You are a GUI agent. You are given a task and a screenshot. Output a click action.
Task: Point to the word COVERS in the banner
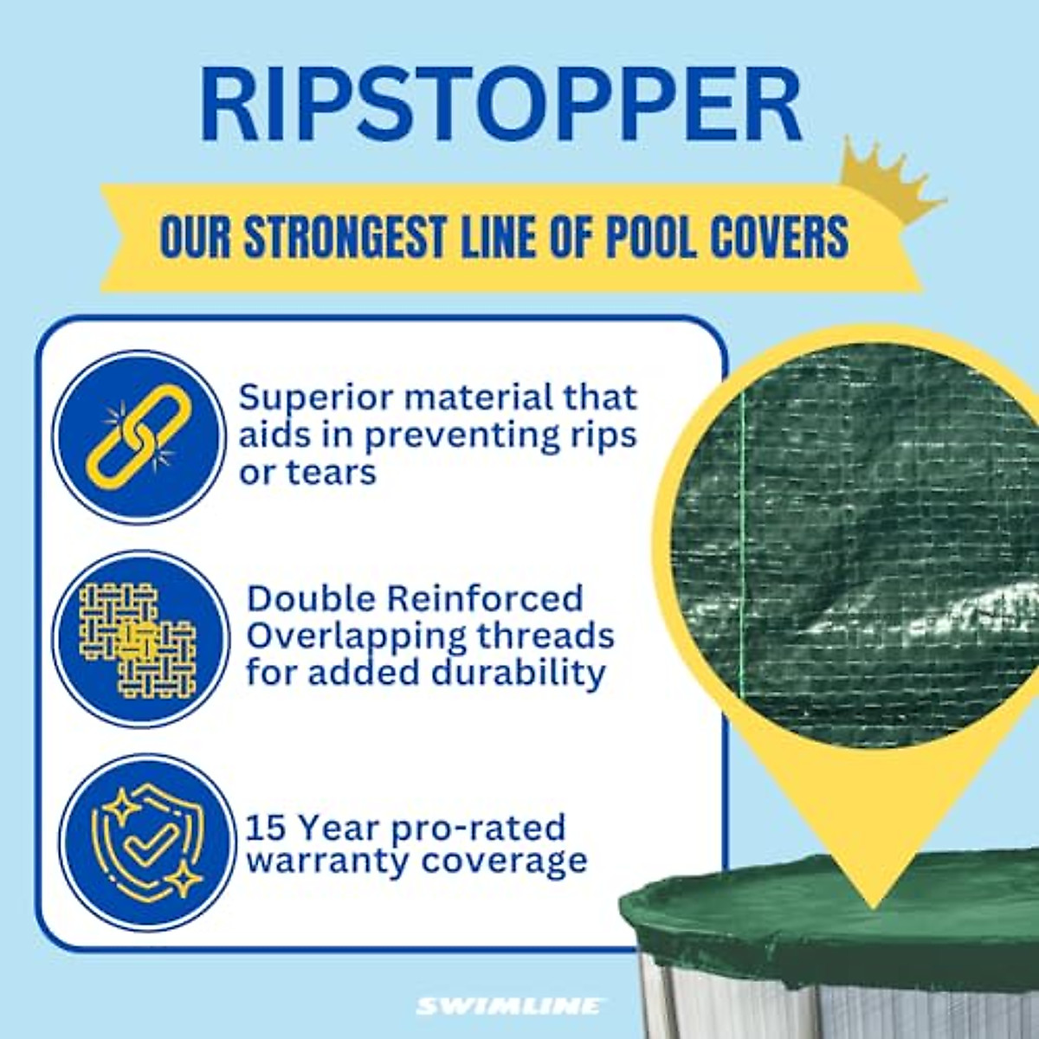pos(778,236)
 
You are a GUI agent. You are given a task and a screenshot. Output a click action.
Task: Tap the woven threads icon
pos(139,639)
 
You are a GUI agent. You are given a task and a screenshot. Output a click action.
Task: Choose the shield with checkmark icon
pos(145,842)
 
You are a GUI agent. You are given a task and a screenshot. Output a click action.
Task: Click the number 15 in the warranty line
pos(265,828)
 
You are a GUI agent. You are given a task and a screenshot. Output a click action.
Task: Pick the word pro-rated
pos(478,829)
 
